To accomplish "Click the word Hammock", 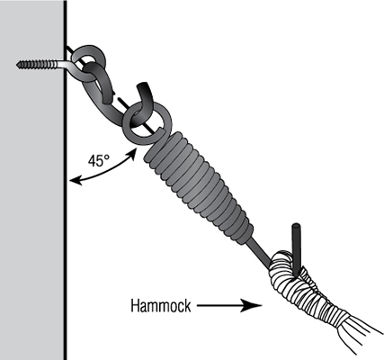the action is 161,306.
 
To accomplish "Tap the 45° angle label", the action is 99,161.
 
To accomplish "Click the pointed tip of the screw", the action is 18,64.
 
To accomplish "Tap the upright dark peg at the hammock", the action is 296,249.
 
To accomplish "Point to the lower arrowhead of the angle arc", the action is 75,181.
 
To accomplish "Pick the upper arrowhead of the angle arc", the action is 132,153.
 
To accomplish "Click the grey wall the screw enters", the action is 32,180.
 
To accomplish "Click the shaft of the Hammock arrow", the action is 219,306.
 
